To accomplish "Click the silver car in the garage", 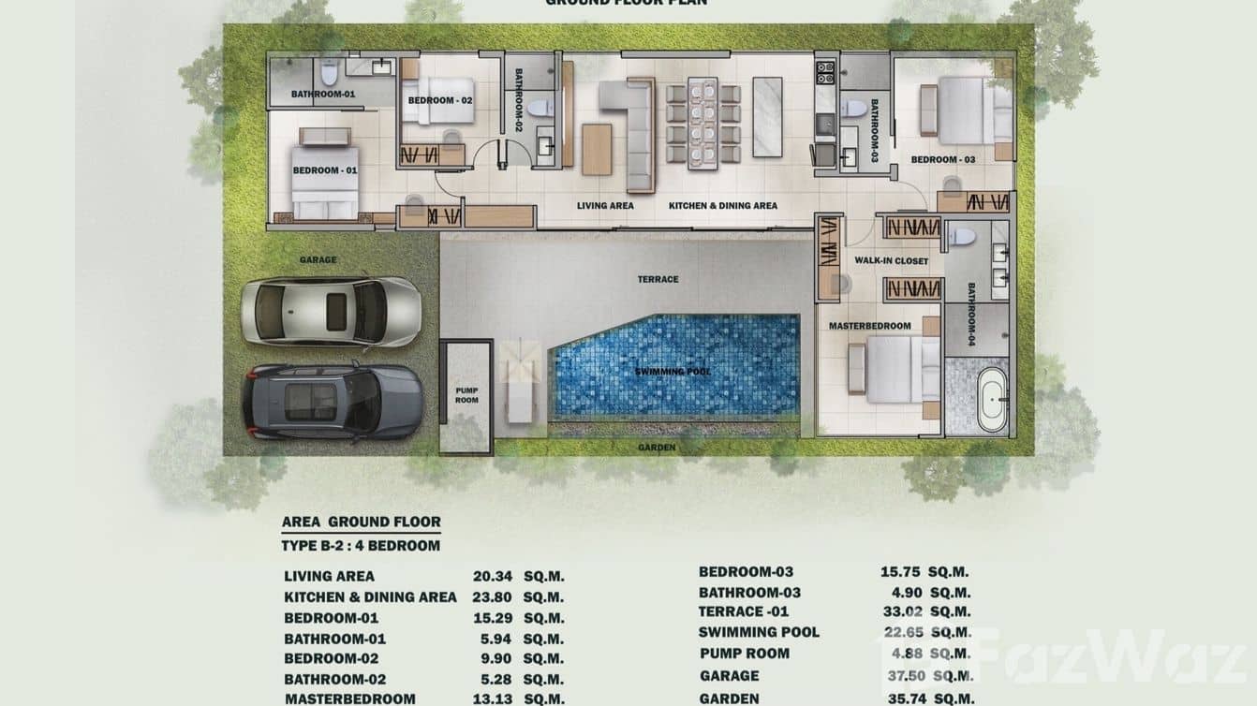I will (330, 311).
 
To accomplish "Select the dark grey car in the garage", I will (332, 401).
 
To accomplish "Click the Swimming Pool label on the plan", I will (673, 373).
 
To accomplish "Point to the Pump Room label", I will (466, 394).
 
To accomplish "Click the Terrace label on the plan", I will (658, 279).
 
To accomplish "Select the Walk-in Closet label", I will (891, 261).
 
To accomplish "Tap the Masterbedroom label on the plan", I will (869, 326).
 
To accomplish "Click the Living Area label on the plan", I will (605, 205).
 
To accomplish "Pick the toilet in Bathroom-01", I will (329, 71).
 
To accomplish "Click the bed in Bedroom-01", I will (324, 182).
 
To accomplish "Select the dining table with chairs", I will (702, 122).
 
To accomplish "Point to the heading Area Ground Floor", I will (361, 522).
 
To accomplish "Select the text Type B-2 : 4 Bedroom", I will (361, 546).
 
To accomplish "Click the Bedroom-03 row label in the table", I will (746, 572).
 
